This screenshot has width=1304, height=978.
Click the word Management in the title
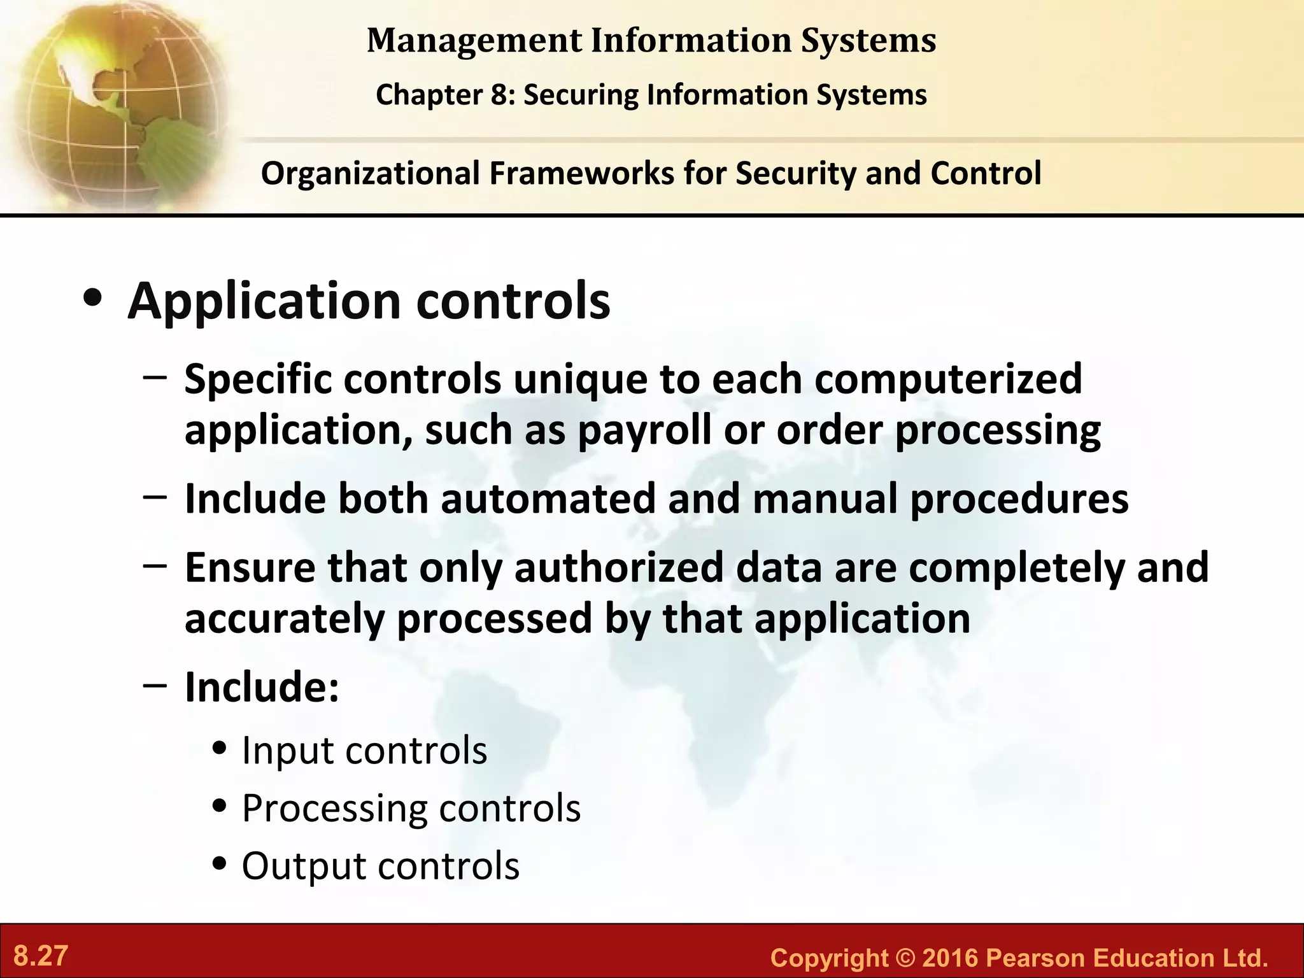pyautogui.click(x=474, y=41)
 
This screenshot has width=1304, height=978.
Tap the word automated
pyautogui.click(x=548, y=499)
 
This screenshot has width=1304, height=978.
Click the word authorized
pyautogui.click(x=618, y=567)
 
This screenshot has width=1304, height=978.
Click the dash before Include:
pyautogui.click(x=155, y=685)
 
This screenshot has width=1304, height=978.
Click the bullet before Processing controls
pyautogui.click(x=220, y=807)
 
